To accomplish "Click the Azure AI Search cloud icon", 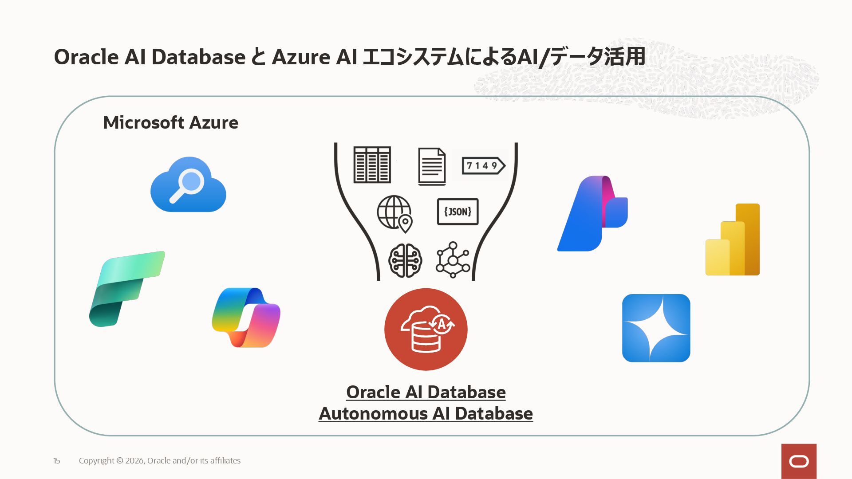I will [x=188, y=185].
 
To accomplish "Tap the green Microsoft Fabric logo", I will [x=126, y=289].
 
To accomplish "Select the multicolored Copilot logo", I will [x=246, y=318].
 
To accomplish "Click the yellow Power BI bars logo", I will [x=733, y=239].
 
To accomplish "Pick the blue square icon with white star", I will [x=656, y=328].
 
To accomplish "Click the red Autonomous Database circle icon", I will [x=426, y=329].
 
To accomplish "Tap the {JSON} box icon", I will [x=458, y=212].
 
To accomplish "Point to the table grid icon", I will [x=372, y=165].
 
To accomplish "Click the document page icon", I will [x=432, y=166].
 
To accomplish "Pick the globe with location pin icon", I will [x=394, y=214].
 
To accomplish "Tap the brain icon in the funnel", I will [x=405, y=260].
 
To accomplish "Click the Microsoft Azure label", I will [x=170, y=122].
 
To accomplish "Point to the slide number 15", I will [x=56, y=461].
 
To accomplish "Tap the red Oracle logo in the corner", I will [x=799, y=461].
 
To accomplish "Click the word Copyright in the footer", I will [x=96, y=461].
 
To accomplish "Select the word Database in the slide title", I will [x=198, y=57].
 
